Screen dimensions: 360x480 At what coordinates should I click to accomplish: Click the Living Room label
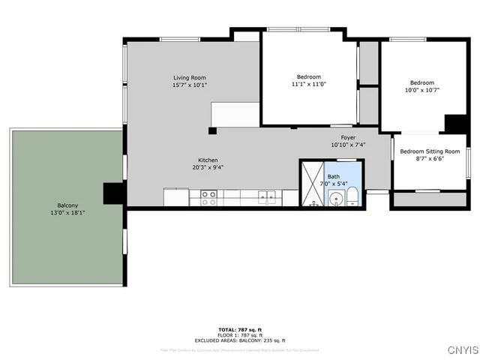click(x=190, y=78)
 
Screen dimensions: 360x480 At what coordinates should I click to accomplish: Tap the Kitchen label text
click(x=208, y=160)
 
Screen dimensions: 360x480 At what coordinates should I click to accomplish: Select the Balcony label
click(x=67, y=205)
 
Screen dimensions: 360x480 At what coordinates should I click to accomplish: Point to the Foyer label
click(x=348, y=137)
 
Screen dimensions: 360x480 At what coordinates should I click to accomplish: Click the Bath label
click(x=333, y=176)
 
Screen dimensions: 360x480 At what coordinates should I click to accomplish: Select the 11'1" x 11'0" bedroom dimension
click(x=308, y=84)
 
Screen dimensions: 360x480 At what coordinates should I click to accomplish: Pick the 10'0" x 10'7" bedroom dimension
click(x=421, y=90)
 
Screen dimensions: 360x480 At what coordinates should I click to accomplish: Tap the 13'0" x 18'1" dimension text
click(x=67, y=212)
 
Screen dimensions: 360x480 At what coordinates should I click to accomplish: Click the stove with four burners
click(x=208, y=198)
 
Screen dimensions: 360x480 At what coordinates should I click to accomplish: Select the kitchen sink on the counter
click(x=266, y=198)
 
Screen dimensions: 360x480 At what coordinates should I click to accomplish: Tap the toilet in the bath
click(x=351, y=199)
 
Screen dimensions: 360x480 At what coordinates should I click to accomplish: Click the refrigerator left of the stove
click(x=175, y=197)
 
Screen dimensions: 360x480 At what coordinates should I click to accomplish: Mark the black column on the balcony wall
click(x=113, y=193)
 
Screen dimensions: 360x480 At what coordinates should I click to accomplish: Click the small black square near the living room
click(x=212, y=130)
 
